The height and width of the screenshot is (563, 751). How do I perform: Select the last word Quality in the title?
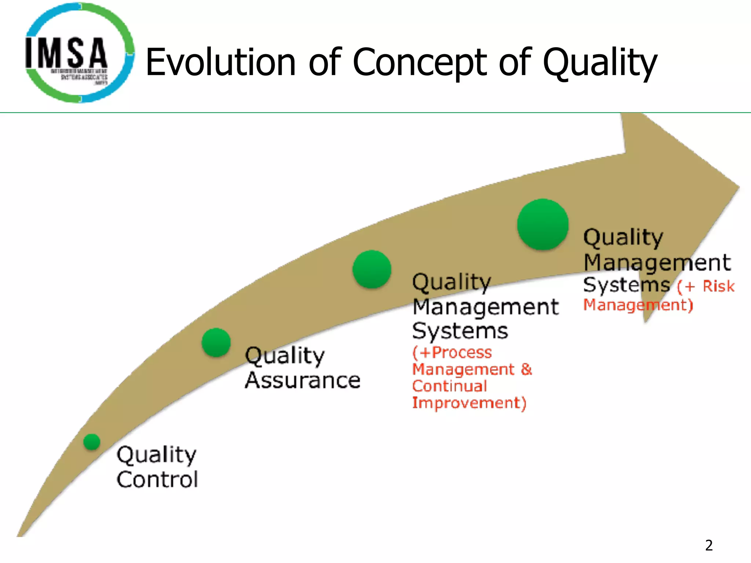600,63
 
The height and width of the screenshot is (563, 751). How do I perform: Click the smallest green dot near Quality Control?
92,442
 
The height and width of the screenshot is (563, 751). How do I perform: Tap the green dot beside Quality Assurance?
216,342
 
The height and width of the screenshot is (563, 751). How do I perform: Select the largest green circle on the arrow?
543,224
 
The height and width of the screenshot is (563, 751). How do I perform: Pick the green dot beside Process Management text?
372,269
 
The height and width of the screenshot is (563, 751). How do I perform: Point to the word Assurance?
303,380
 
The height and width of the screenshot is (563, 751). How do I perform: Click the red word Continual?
450,386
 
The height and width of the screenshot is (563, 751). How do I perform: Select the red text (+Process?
452,352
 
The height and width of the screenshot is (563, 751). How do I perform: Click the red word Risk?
718,286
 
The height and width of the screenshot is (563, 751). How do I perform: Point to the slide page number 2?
709,545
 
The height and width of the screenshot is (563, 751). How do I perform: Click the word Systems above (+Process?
460,331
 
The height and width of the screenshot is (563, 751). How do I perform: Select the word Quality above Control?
157,455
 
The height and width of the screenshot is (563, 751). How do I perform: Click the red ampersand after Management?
526,369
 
